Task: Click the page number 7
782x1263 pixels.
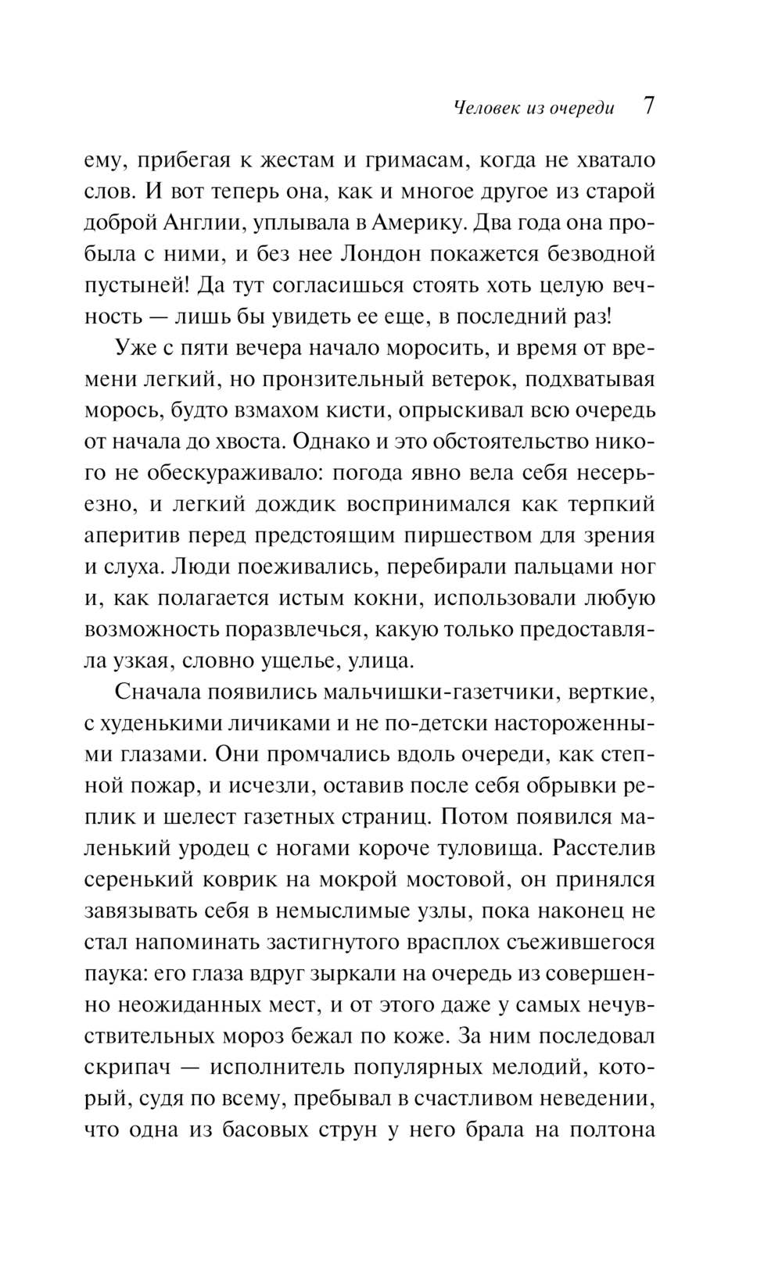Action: click(648, 106)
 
